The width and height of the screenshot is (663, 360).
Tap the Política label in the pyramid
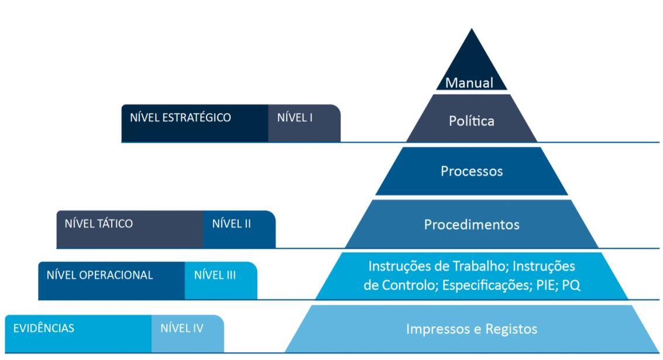point(472,121)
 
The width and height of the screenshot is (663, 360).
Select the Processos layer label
point(472,172)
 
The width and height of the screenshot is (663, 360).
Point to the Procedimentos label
point(472,225)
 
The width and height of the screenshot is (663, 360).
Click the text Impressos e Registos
point(472,329)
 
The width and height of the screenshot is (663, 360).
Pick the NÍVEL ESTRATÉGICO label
point(180,118)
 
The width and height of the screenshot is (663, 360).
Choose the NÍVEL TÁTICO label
point(98,224)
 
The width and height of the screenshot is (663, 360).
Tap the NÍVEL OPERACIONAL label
point(99,275)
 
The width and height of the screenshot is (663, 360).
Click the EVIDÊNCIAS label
point(44,328)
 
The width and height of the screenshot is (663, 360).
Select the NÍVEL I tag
point(294,118)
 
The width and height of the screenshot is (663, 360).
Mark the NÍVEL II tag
point(231,224)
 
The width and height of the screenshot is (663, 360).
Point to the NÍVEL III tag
point(215,275)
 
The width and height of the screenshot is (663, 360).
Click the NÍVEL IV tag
point(181,328)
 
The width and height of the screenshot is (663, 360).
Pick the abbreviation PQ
point(570,286)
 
